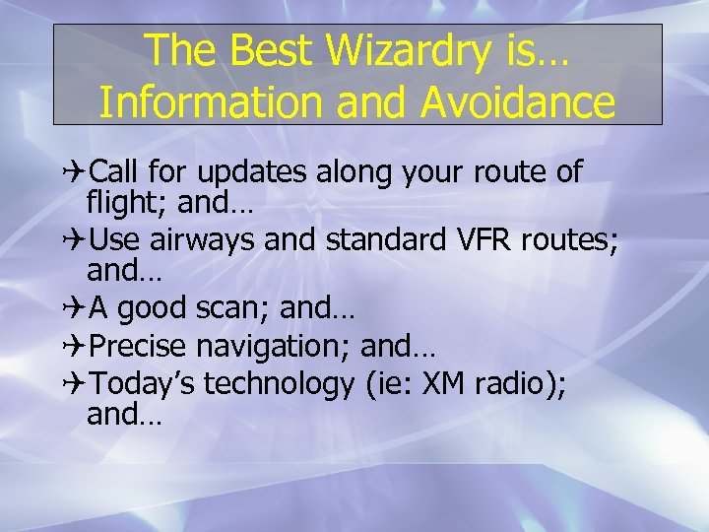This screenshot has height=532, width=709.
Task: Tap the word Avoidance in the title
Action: (519, 101)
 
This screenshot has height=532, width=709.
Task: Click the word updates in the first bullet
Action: (253, 173)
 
